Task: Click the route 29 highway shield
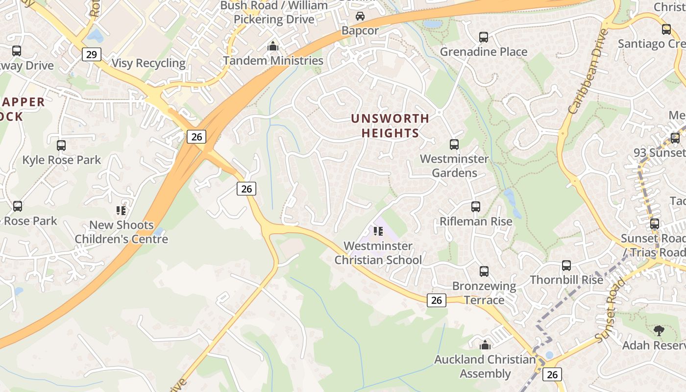point(92,54)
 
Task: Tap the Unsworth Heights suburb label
point(390,125)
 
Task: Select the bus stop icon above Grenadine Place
point(484,37)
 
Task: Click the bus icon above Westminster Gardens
point(454,145)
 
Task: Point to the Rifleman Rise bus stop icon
point(476,207)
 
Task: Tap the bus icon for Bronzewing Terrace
point(484,271)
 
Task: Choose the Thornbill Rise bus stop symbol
point(566,266)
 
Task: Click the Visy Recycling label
point(148,63)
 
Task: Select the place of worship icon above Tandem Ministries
point(273,47)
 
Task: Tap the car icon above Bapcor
point(360,16)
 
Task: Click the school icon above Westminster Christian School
point(378,231)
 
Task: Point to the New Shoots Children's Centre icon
point(121,211)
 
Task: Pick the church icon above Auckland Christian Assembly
point(485,345)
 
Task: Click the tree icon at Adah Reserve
point(659,331)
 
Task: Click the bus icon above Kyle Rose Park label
point(61,146)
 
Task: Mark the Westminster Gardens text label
point(454,166)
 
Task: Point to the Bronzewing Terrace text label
point(484,293)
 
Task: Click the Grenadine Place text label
point(484,52)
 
